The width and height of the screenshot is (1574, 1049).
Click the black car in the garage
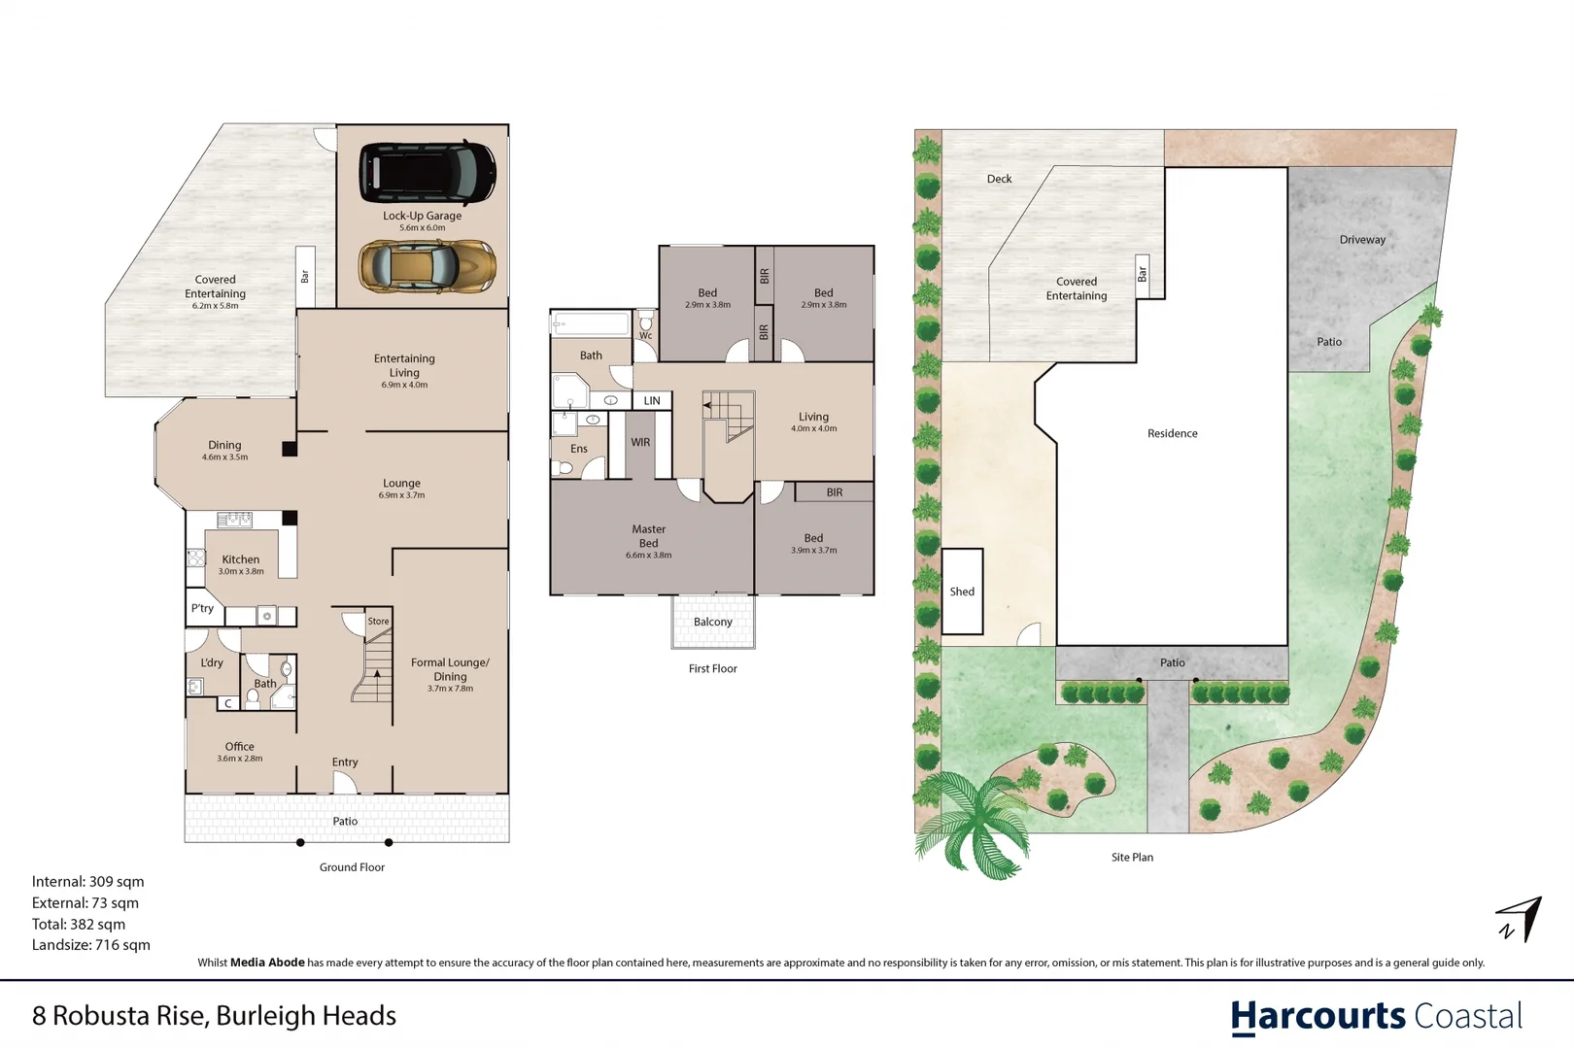[428, 172]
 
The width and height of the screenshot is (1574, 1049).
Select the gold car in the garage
[428, 267]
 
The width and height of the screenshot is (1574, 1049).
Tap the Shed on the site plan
[962, 592]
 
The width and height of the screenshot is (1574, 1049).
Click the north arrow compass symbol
[1520, 919]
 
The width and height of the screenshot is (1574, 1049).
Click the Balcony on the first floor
[712, 622]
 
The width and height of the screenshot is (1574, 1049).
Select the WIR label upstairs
[640, 442]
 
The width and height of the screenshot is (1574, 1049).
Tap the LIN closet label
[651, 400]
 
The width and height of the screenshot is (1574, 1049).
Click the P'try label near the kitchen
[202, 608]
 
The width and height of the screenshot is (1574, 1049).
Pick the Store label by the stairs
[378, 621]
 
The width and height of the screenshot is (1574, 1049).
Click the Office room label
[240, 746]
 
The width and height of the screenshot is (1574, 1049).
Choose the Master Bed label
[649, 535]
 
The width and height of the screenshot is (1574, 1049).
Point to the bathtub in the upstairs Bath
[591, 323]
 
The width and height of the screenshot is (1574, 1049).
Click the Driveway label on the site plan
[1362, 240]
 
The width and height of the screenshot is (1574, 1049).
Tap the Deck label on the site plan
[999, 179]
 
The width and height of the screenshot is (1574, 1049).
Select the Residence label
[1172, 433]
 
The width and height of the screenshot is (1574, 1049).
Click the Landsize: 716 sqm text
[90, 945]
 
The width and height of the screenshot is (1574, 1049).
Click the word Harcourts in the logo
[1317, 1017]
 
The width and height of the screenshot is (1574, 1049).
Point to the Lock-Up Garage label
[423, 216]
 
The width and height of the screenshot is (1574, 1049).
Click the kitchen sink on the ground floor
[235, 520]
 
